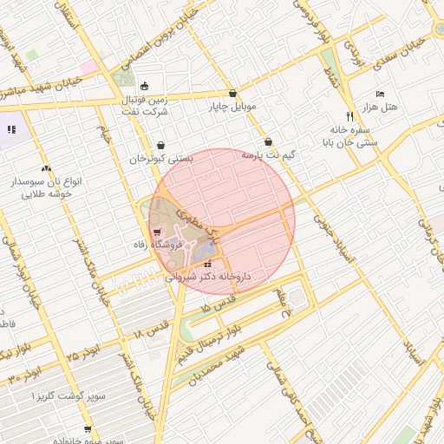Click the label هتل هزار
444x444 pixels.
click(x=379, y=106)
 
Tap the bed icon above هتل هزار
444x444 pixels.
click(x=380, y=94)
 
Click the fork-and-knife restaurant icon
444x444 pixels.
click(x=350, y=115)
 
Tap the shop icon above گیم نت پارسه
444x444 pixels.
click(x=268, y=141)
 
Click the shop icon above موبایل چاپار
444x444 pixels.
click(x=232, y=94)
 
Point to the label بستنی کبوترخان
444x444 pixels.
click(x=161, y=159)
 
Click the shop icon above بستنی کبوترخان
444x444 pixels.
click(x=161, y=146)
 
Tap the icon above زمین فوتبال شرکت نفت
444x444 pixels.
click(x=144, y=85)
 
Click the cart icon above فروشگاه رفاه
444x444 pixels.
click(x=157, y=232)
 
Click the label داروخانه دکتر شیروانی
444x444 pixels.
click(x=208, y=277)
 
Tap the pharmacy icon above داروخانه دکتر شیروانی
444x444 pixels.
click(x=207, y=264)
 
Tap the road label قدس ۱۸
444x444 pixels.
click(x=151, y=330)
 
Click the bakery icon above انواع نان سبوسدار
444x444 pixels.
click(x=46, y=169)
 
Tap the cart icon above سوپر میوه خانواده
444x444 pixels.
click(x=88, y=429)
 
